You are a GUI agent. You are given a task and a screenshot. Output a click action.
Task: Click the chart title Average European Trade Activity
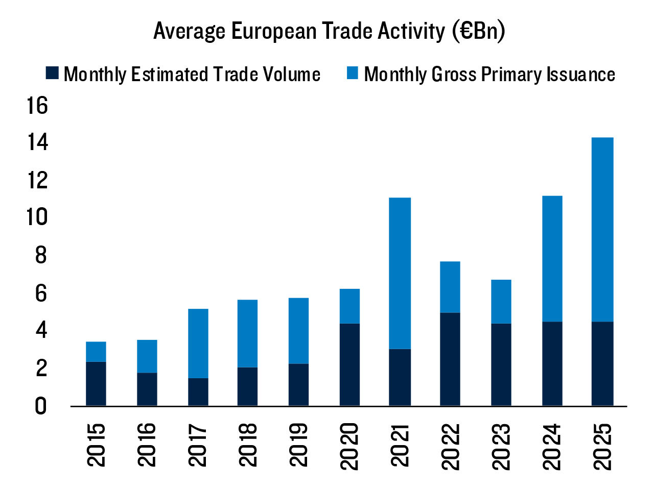point(329,31)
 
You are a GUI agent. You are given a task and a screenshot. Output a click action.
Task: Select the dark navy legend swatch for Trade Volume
point(53,73)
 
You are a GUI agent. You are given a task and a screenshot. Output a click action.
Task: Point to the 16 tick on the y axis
point(37,106)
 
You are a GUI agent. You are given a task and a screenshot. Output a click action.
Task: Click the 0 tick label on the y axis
point(40,406)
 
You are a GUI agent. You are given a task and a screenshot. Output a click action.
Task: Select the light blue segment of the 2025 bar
point(602,230)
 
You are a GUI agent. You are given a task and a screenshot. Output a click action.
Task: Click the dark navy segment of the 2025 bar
point(602,363)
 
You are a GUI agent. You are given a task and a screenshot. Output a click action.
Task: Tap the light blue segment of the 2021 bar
point(400,273)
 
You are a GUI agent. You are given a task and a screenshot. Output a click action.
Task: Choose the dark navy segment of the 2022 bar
point(450,359)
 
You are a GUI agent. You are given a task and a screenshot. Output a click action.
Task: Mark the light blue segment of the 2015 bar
point(96,352)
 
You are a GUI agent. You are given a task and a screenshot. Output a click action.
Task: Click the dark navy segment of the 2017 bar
point(198,392)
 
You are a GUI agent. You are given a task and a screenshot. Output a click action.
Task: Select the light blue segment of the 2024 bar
point(552,259)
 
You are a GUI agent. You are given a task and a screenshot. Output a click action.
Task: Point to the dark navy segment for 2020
point(349,364)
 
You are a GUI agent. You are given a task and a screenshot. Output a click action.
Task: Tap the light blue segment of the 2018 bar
point(248,333)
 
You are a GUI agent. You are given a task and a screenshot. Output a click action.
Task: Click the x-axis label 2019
point(298,445)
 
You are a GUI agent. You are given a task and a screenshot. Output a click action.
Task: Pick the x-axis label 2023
point(501,447)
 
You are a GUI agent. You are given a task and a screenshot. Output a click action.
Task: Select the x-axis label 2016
point(147,445)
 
